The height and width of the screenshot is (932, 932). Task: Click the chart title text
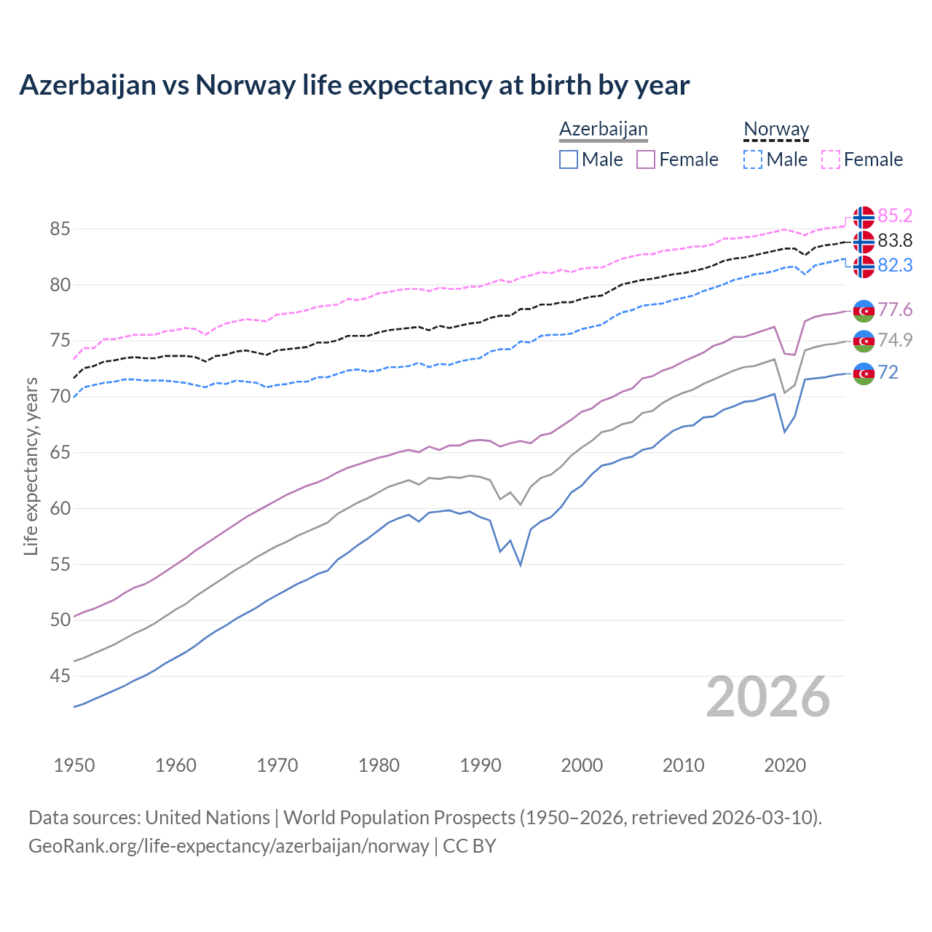coord(354,85)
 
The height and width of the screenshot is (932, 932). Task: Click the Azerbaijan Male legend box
coord(569,159)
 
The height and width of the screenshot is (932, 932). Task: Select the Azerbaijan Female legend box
coord(646,159)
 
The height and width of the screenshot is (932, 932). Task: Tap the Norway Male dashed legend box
coord(753,159)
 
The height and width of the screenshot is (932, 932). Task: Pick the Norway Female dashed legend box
coord(831,159)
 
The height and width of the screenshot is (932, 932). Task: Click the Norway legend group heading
coord(776,129)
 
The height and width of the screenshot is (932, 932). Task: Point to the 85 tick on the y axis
coord(60,229)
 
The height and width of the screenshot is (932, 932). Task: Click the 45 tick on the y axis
coord(60,676)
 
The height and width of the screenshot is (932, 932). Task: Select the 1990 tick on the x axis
coord(481,765)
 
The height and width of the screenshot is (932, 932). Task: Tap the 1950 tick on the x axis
coord(74,765)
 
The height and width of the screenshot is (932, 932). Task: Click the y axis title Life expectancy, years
coord(31,466)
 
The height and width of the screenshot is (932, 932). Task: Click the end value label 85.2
coord(895,216)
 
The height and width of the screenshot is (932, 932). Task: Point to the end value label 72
coord(888,373)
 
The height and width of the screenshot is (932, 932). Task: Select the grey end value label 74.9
coord(895,340)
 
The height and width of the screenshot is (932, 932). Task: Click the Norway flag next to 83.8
coord(864,241)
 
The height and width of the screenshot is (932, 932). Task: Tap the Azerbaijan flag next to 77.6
coord(864,310)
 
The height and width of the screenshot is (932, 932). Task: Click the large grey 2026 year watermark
coord(768,697)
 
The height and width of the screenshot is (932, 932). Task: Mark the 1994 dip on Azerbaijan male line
coord(521,564)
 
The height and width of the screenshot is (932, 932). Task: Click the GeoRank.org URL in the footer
coord(229,846)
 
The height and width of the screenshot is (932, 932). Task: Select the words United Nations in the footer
coord(208,818)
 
